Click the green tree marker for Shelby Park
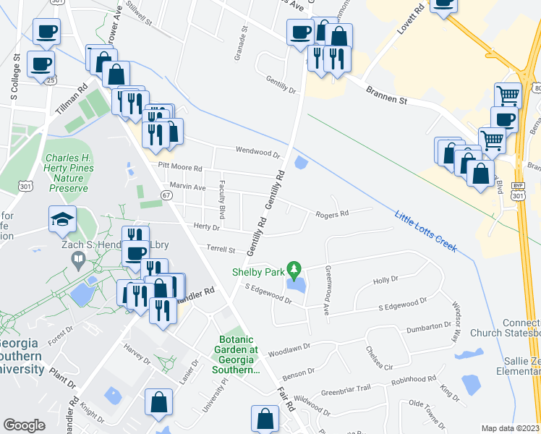click(293, 271)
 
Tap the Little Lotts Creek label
click(426, 231)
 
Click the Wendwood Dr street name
click(257, 153)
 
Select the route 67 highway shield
click(166, 196)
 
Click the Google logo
click(24, 425)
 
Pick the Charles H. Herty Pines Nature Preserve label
click(68, 173)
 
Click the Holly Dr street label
click(385, 280)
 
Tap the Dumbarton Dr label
click(428, 327)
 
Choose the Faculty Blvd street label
click(222, 200)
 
